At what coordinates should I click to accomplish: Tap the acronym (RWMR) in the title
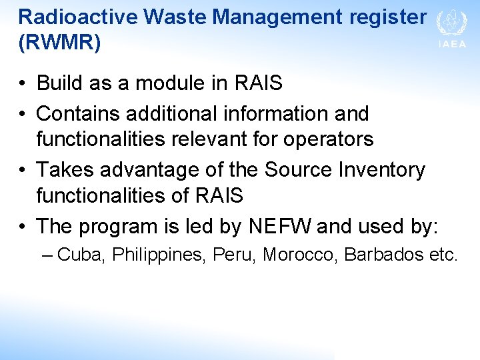pos(60,43)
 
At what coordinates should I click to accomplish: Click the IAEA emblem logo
pos(451,23)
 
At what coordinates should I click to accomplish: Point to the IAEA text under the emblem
pos(452,45)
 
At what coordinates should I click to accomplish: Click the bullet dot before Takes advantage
pos(23,171)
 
